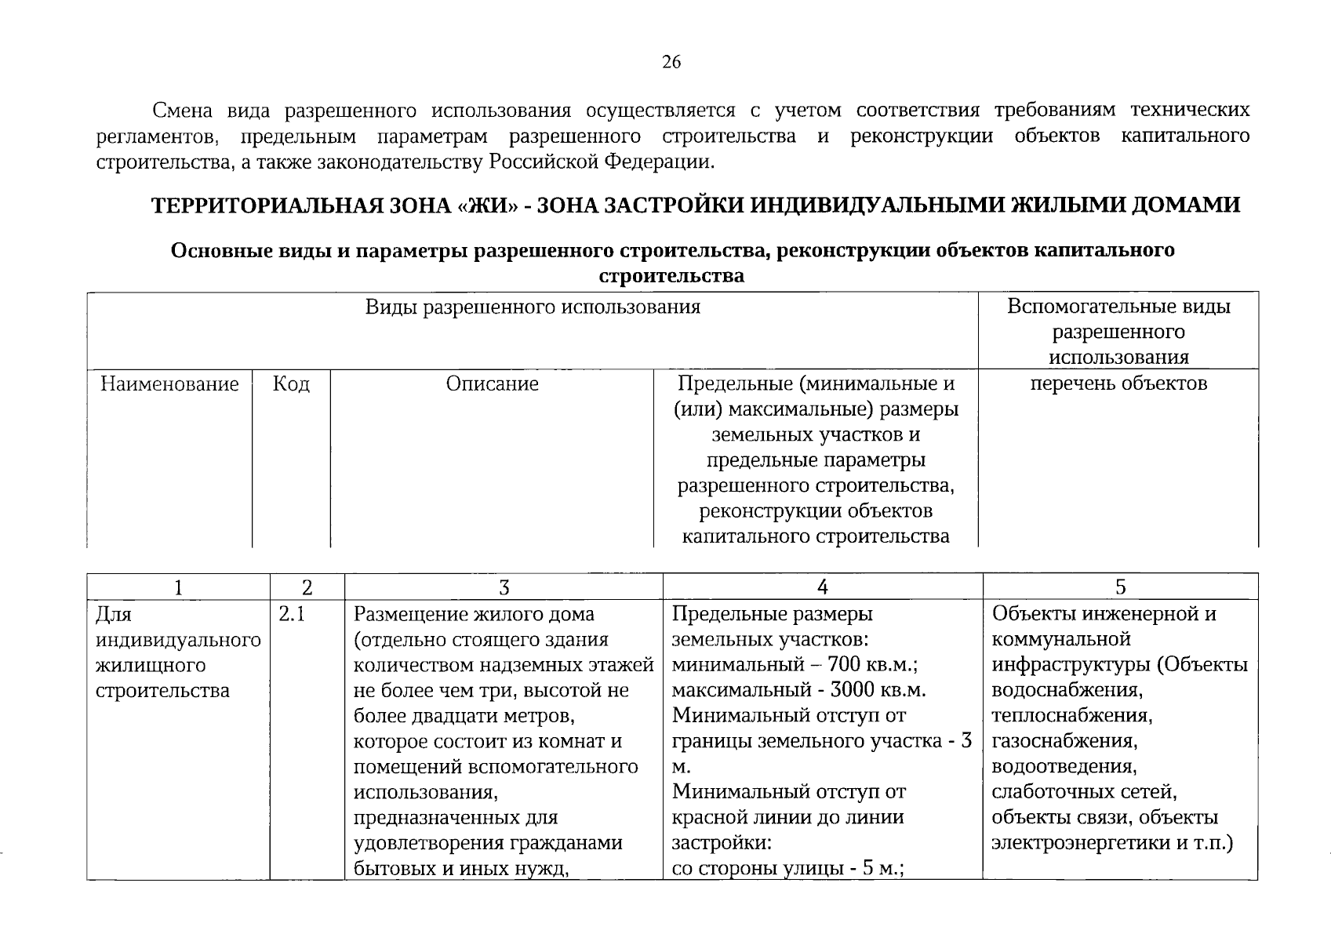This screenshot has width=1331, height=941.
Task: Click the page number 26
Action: pos(671,63)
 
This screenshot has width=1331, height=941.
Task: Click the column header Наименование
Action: pos(169,384)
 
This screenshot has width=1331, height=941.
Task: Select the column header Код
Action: pos(291,384)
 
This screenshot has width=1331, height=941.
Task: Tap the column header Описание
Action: pos(492,384)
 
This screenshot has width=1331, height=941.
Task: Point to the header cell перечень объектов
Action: pos(1118,384)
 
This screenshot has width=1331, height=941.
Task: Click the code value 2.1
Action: pos(292,614)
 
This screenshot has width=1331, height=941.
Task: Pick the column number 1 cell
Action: pos(179,587)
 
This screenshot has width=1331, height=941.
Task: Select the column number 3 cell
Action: pos(504,587)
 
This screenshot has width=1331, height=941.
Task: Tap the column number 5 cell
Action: pos(1120,587)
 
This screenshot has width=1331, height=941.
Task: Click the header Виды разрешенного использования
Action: pos(533,307)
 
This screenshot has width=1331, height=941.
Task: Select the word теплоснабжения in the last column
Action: pos(1071,716)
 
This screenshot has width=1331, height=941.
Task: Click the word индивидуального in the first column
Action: pos(178,640)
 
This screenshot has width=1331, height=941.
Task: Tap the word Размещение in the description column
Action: pos(409,614)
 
